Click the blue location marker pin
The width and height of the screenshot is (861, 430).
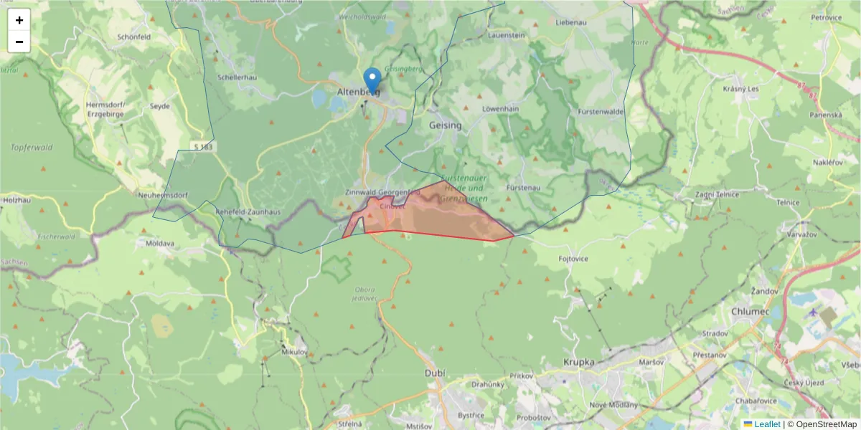click(x=372, y=80)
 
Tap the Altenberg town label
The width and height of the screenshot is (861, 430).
click(x=357, y=92)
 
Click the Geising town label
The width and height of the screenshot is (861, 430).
click(x=445, y=125)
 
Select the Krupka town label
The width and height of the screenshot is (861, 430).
click(x=579, y=363)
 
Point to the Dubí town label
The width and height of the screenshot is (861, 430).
click(x=435, y=373)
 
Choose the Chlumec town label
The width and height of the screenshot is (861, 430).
click(x=750, y=312)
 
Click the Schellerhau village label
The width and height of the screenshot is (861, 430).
click(x=237, y=77)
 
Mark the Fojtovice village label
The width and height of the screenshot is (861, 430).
click(x=573, y=258)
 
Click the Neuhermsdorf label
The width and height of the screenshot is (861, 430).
click(x=164, y=195)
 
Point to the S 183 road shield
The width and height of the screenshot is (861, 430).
click(x=204, y=147)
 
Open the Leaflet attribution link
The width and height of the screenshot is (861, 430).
click(x=767, y=424)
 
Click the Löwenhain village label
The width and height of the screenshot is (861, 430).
click(x=500, y=108)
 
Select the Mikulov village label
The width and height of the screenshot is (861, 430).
click(x=295, y=352)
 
